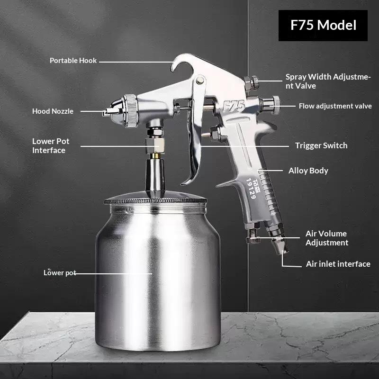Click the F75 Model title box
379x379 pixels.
[323, 26]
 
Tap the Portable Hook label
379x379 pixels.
[73, 61]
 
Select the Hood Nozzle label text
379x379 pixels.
[53, 111]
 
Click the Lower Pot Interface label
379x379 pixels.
[51, 146]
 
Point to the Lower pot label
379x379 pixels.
[60, 273]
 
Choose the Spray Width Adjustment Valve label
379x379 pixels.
[328, 81]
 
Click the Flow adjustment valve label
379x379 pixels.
[335, 106]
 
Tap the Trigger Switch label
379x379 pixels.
[321, 145]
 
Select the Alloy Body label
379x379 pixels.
[308, 171]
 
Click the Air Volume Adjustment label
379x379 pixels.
[327, 238]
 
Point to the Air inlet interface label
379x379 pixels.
[338, 264]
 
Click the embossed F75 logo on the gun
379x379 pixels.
[234, 106]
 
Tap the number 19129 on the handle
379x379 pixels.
[251, 189]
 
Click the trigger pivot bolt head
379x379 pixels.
[200, 80]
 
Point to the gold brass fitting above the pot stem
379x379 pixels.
[156, 156]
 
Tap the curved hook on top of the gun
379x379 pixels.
[182, 62]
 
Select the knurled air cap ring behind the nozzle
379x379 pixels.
[132, 111]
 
